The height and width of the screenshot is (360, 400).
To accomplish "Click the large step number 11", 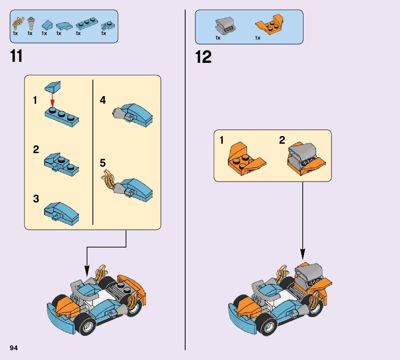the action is tap(16, 56).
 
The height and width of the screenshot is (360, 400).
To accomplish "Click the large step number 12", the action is tap(204, 57).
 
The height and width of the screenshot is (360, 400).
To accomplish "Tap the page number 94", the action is tap(14, 348).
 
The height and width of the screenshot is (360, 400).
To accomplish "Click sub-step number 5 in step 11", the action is tap(103, 163).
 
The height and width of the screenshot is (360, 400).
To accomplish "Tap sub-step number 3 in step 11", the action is tap(36, 199).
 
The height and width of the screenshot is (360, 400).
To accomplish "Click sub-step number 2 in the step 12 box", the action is tap(282, 140).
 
